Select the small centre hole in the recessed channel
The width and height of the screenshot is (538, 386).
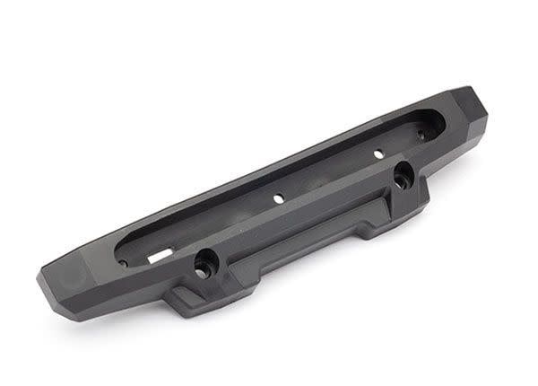(278, 197)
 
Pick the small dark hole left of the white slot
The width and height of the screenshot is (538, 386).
(122, 262)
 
